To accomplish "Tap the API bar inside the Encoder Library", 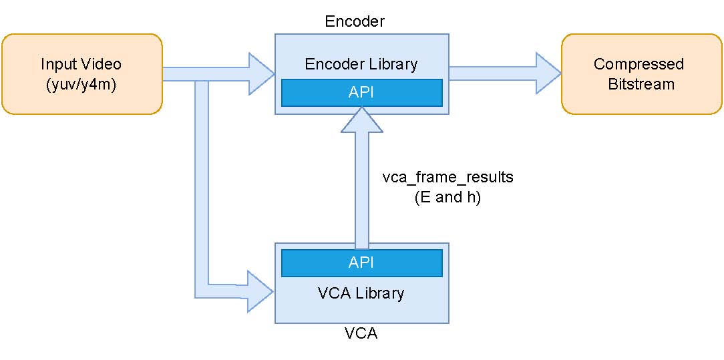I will click(x=361, y=92).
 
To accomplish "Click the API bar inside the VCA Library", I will click(x=361, y=262).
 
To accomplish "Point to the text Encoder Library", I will click(x=361, y=64).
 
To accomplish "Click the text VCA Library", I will click(x=361, y=293).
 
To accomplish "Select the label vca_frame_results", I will click(x=447, y=178).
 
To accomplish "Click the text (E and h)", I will click(x=447, y=198).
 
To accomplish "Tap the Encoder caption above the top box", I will click(x=355, y=21).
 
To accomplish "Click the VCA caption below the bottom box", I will click(x=361, y=333).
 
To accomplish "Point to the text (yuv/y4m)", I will click(x=81, y=85).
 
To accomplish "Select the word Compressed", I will click(x=639, y=64).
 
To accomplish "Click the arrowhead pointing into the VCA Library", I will click(x=261, y=291).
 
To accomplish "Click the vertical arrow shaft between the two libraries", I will click(x=361, y=194).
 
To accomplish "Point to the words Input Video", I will click(x=81, y=64).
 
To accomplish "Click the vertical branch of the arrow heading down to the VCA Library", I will click(x=202, y=187).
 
